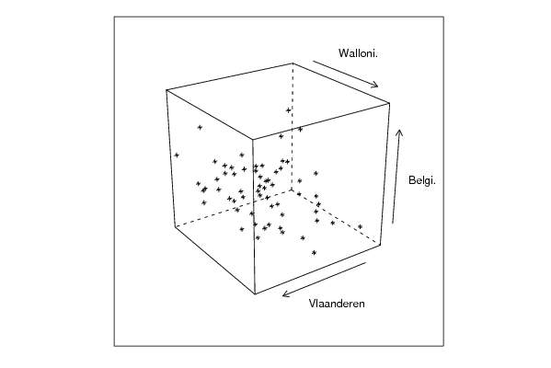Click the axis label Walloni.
click(x=358, y=53)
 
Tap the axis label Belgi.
click(x=422, y=180)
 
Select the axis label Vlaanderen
click(x=337, y=304)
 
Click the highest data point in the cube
click(x=289, y=110)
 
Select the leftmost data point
click(x=177, y=155)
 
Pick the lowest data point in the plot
click(x=315, y=252)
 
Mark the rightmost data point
click(x=361, y=226)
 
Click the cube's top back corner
click(x=293, y=63)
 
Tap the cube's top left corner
click(x=166, y=90)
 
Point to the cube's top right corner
click(x=390, y=103)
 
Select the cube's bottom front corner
click(x=255, y=293)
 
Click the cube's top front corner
click(x=253, y=139)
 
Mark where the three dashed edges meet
click(x=292, y=190)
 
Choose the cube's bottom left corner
click(x=175, y=226)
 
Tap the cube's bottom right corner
click(x=381, y=245)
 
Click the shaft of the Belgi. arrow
click(x=396, y=177)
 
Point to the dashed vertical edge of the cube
click(x=292, y=127)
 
